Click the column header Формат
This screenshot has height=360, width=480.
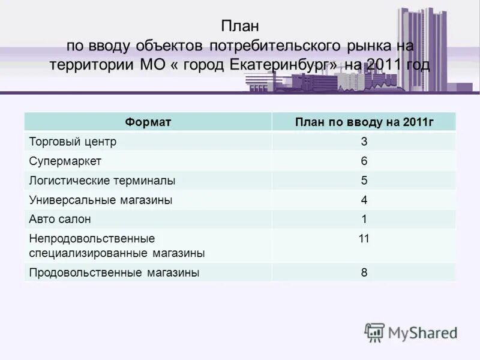pyautogui.click(x=148, y=122)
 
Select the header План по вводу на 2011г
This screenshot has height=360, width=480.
pyautogui.click(x=364, y=122)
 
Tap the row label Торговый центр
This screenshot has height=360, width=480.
pyautogui.click(x=73, y=142)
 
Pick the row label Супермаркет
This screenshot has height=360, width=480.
pyautogui.click(x=66, y=161)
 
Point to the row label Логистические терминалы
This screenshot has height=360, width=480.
pyautogui.click(x=103, y=180)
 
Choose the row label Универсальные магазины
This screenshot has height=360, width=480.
pyautogui.click(x=101, y=200)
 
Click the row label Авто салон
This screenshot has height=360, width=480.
pyautogui.click(x=60, y=219)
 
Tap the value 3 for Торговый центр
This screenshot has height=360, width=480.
pyautogui.click(x=364, y=142)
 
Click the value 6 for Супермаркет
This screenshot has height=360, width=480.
pyautogui.click(x=364, y=161)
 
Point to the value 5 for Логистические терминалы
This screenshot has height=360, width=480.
pyautogui.click(x=364, y=180)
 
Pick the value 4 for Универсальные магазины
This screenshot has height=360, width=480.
pyautogui.click(x=364, y=200)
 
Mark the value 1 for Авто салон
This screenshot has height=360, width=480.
pyautogui.click(x=364, y=219)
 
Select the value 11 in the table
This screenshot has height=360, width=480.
pyautogui.click(x=364, y=238)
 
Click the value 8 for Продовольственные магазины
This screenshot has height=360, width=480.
pyautogui.click(x=364, y=272)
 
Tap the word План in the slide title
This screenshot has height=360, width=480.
pyautogui.click(x=239, y=26)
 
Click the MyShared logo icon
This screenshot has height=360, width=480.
pyautogui.click(x=375, y=332)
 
